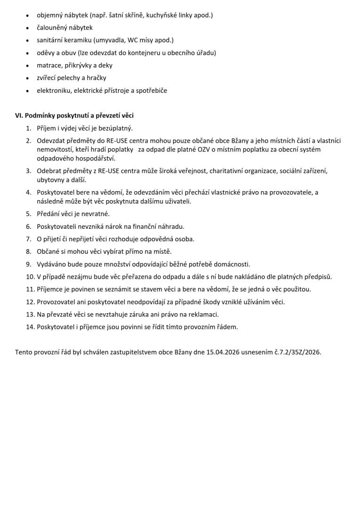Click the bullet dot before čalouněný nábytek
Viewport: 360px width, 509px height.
pos(28,28)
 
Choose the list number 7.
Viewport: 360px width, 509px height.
pos(29,239)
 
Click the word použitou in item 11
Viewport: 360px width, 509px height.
pos(297,289)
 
